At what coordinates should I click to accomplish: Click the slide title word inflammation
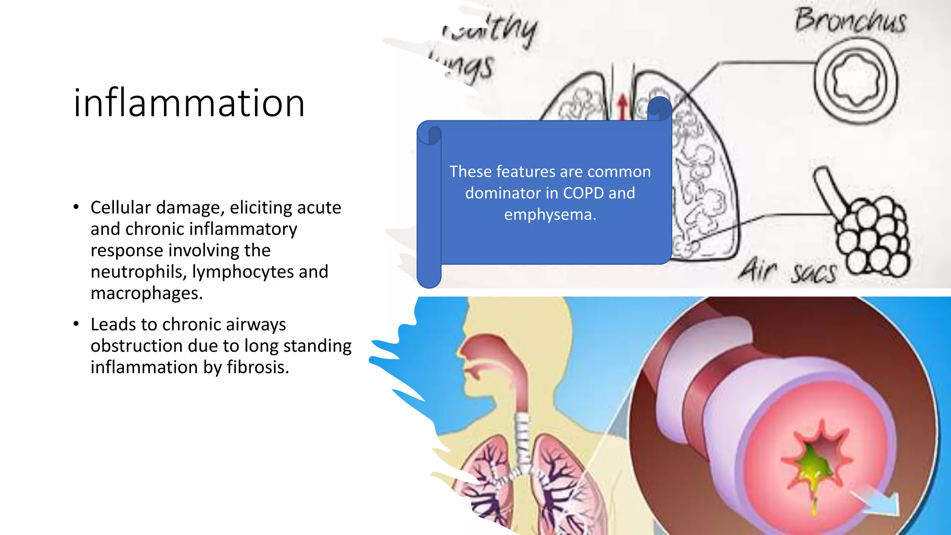189,103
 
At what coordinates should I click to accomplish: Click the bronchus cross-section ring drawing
855,82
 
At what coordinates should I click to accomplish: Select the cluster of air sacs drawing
873,237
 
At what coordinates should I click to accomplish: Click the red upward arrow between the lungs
622,107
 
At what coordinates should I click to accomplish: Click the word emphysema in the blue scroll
550,215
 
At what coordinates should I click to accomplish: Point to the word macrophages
146,294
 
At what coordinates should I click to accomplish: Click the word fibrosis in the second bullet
258,367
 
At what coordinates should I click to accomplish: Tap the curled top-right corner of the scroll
659,108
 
